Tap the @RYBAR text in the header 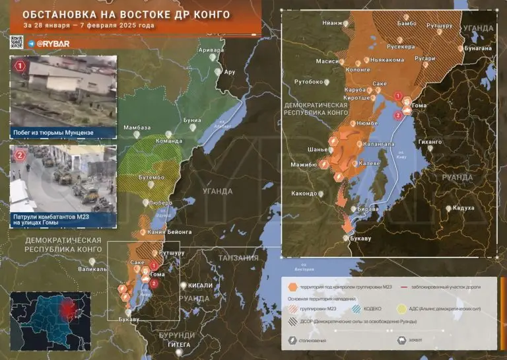pos(48,42)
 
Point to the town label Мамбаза pos(137,127)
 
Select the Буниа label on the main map pos(192,121)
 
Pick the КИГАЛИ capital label pos(200,285)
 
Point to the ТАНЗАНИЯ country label pos(238,258)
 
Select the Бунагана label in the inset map pos(478,48)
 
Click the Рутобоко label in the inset pos(308,82)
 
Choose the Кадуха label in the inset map pos(464,208)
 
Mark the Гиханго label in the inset pos(430,141)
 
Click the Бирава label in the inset pos(367,208)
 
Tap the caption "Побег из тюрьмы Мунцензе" pos(53,133)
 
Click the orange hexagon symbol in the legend pos(292,287)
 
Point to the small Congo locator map pos(50,322)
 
